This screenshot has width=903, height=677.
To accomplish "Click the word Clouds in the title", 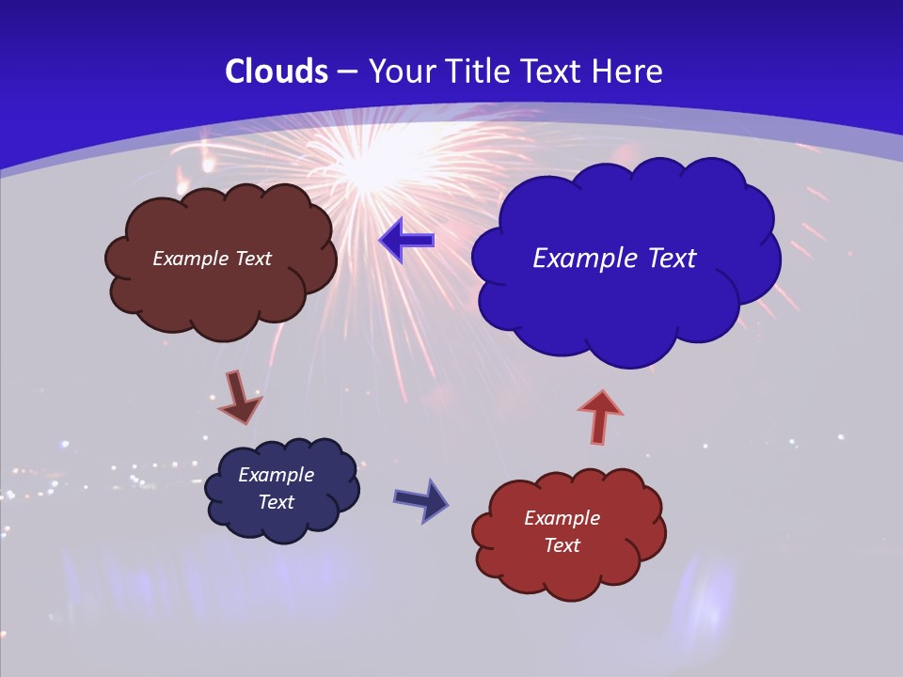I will pos(277,71).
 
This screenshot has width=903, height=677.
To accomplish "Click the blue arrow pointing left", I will pos(406,241).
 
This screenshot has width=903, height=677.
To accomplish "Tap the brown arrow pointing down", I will pos(239,399).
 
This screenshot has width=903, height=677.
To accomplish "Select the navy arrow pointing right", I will pos(420,499).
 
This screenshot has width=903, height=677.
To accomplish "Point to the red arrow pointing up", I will pos(599,416).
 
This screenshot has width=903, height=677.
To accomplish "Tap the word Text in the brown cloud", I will pos(253,259).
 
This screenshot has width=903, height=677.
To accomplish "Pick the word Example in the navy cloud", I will pos(276,475).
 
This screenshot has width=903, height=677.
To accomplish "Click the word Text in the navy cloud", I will pos(276,502).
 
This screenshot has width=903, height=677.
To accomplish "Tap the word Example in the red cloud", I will pos(562,518).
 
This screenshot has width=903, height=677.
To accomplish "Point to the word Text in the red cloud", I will pos(562,545).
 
